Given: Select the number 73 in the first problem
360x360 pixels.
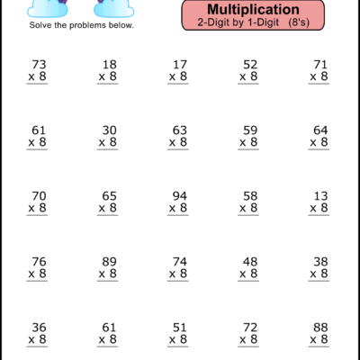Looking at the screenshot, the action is pyautogui.click(x=38, y=64).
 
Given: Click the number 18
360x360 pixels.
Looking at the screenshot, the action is pyautogui.click(x=109, y=64).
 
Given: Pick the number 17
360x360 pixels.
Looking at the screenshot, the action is pyautogui.click(x=179, y=64).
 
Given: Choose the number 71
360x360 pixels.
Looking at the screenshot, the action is pyautogui.click(x=319, y=64).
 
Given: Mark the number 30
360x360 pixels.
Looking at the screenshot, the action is pyautogui.click(x=109, y=130).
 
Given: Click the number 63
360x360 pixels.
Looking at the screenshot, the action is pyautogui.click(x=179, y=130).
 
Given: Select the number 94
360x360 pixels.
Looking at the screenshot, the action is pyautogui.click(x=179, y=195).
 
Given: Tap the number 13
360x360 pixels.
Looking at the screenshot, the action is pyautogui.click(x=319, y=195).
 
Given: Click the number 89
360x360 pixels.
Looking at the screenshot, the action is pyautogui.click(x=109, y=261).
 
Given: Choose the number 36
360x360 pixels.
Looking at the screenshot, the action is pyautogui.click(x=38, y=327).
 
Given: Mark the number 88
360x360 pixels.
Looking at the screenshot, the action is pyautogui.click(x=319, y=327).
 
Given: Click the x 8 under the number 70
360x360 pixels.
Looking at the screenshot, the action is pyautogui.click(x=37, y=208).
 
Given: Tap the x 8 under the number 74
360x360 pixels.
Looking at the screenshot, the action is pyautogui.click(x=177, y=274).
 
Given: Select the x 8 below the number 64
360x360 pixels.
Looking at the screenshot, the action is pyautogui.click(x=318, y=142).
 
